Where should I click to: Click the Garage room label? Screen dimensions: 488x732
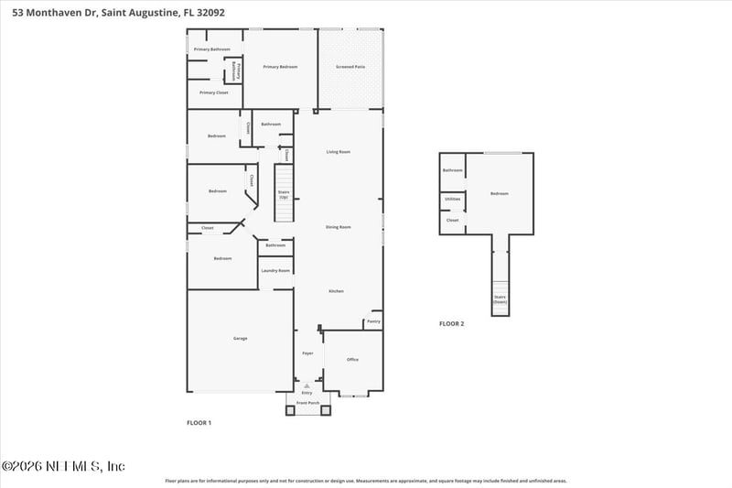pos(240,339)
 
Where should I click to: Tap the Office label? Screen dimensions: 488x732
pos(352,360)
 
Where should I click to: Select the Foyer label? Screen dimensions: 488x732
pos(308,352)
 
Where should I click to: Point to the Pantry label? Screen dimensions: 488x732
pos(373,322)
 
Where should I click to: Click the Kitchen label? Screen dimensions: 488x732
pos(337,291)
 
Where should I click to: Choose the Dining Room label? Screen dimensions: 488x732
pos(339,226)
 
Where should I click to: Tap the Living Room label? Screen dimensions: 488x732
pos(339,152)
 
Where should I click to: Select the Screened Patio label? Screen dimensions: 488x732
pos(350,67)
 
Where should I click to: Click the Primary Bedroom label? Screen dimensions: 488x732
pos(280,67)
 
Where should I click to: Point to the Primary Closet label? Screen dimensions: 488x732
pos(214,92)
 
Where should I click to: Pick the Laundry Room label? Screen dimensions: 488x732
pos(275,271)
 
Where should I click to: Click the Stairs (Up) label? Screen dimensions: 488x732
pos(284,195)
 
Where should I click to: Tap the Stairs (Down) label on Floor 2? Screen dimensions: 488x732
pos(500,298)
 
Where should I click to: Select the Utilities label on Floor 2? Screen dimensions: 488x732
pos(452,199)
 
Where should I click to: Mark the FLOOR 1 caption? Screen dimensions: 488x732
pos(199,423)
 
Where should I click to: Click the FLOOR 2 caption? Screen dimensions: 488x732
pos(451,323)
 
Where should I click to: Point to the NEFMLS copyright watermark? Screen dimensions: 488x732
pos(63,466)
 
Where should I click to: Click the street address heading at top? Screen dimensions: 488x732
pos(113,13)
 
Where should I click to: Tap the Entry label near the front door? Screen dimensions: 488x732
pos(307,392)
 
